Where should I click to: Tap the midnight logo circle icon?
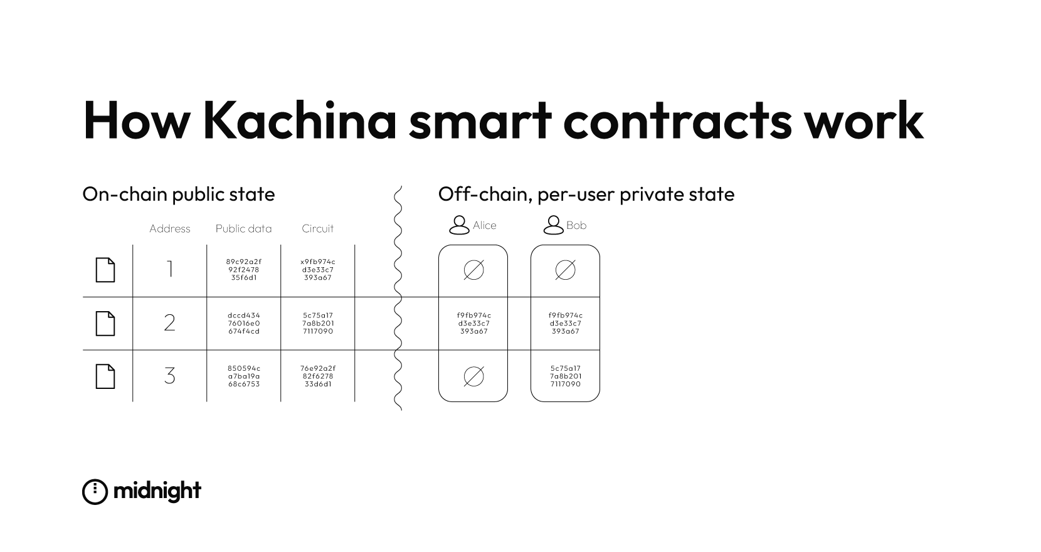click(x=95, y=492)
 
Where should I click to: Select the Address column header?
click(x=169, y=229)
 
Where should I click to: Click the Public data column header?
click(x=243, y=229)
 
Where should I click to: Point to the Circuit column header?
click(x=317, y=229)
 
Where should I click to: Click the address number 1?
click(x=169, y=270)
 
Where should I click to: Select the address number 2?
click(x=169, y=323)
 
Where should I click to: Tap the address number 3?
click(x=169, y=376)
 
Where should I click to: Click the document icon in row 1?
click(x=105, y=270)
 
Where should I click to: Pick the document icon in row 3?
click(x=105, y=376)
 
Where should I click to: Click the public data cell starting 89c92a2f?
click(x=243, y=270)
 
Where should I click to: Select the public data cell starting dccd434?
click(x=243, y=323)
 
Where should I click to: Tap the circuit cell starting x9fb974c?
click(x=317, y=270)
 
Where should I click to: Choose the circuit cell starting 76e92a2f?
click(x=317, y=376)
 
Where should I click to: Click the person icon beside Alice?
click(x=460, y=225)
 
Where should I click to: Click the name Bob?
click(x=576, y=225)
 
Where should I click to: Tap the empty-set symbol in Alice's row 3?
click(x=473, y=376)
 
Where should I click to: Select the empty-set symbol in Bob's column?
click(x=565, y=270)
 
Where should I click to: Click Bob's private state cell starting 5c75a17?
click(x=565, y=376)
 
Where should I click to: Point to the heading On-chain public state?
click(x=179, y=194)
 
